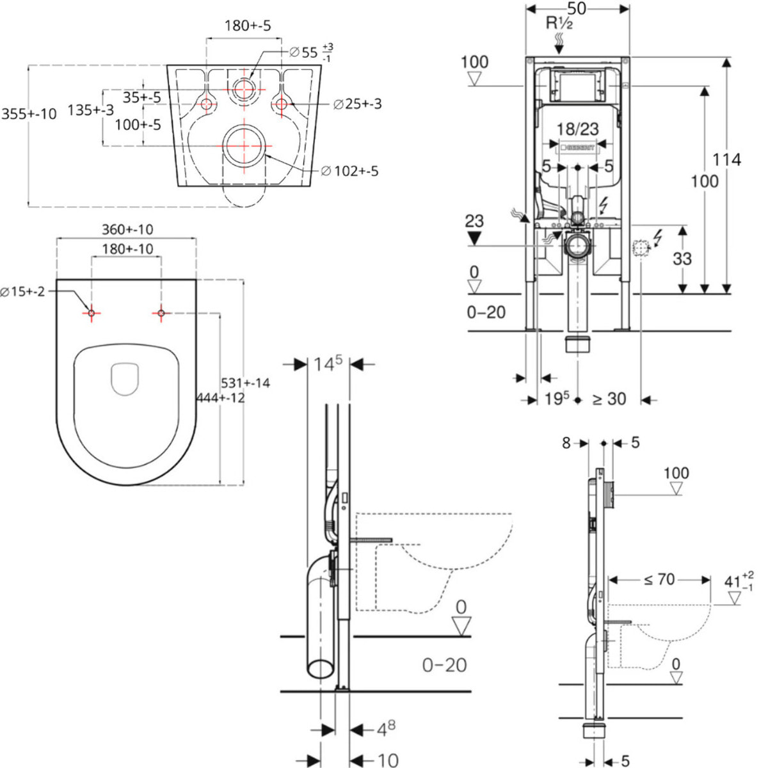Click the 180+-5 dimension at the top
(x=247, y=26)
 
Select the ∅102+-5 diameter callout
(x=349, y=171)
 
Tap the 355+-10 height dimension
(x=29, y=114)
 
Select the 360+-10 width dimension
(x=127, y=229)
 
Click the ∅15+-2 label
(x=22, y=292)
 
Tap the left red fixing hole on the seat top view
(x=92, y=313)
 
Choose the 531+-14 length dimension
(x=245, y=383)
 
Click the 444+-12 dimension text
(x=220, y=397)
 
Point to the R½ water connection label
(x=559, y=24)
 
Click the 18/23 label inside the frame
(x=577, y=129)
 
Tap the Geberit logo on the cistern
(x=577, y=147)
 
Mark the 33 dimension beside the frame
(x=682, y=259)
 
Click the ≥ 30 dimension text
(x=609, y=399)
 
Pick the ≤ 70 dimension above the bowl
(x=659, y=580)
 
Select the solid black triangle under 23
(x=474, y=237)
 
